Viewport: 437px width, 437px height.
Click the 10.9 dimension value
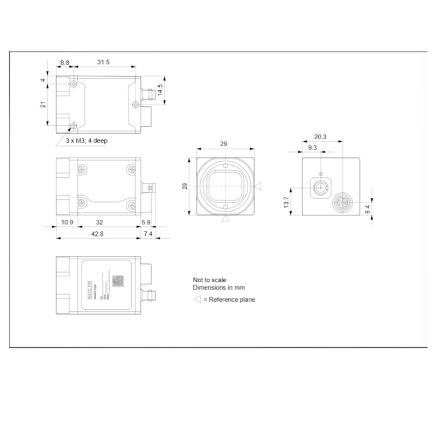pos(66,222)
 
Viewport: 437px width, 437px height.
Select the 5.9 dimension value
pos(146,222)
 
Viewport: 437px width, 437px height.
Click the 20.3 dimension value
pos(320,137)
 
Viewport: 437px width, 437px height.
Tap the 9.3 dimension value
pos(312,148)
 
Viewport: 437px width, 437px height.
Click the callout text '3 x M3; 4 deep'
pos(86,140)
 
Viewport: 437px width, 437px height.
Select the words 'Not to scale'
pos(209,280)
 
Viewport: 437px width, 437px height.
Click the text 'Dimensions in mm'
pos(218,288)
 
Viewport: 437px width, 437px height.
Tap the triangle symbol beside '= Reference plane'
pos(197,299)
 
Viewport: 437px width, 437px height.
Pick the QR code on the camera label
pos(118,281)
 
